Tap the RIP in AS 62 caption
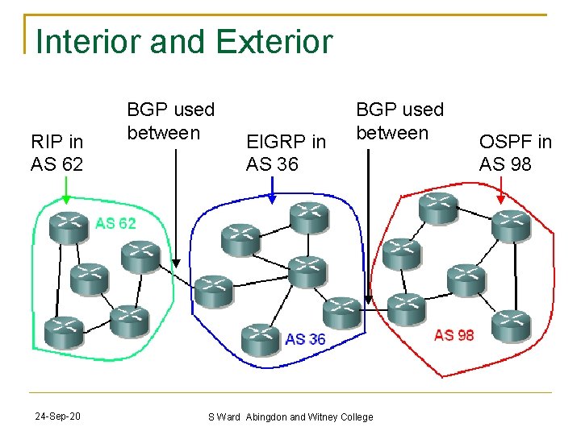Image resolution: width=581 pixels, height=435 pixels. (56, 153)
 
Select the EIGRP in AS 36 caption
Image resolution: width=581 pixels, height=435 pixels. (286, 153)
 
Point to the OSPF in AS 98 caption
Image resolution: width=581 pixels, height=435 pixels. (516, 153)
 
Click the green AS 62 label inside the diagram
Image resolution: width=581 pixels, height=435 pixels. (116, 223)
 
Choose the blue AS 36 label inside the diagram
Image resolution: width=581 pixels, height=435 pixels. (305, 338)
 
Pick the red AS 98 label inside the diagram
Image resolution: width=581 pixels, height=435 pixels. (454, 334)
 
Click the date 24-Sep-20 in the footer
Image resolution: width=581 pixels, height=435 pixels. (57, 416)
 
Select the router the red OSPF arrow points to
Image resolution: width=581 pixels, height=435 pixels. (508, 226)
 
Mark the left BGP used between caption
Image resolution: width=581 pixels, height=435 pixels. (171, 121)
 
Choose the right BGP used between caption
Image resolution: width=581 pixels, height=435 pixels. (399, 121)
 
